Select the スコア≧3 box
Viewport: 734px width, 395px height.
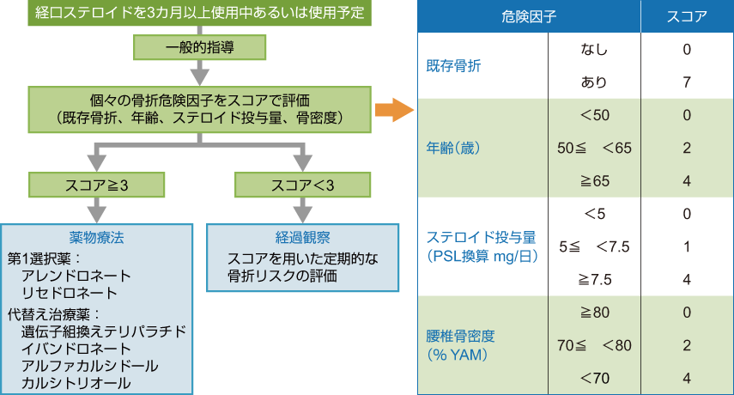coord(95,185)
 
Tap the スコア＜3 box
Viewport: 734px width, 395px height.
coord(301,185)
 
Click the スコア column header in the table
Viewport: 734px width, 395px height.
coord(687,17)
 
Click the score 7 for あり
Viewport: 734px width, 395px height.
coord(687,82)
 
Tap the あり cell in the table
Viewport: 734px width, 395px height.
coord(594,82)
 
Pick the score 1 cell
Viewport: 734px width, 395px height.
coord(687,246)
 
